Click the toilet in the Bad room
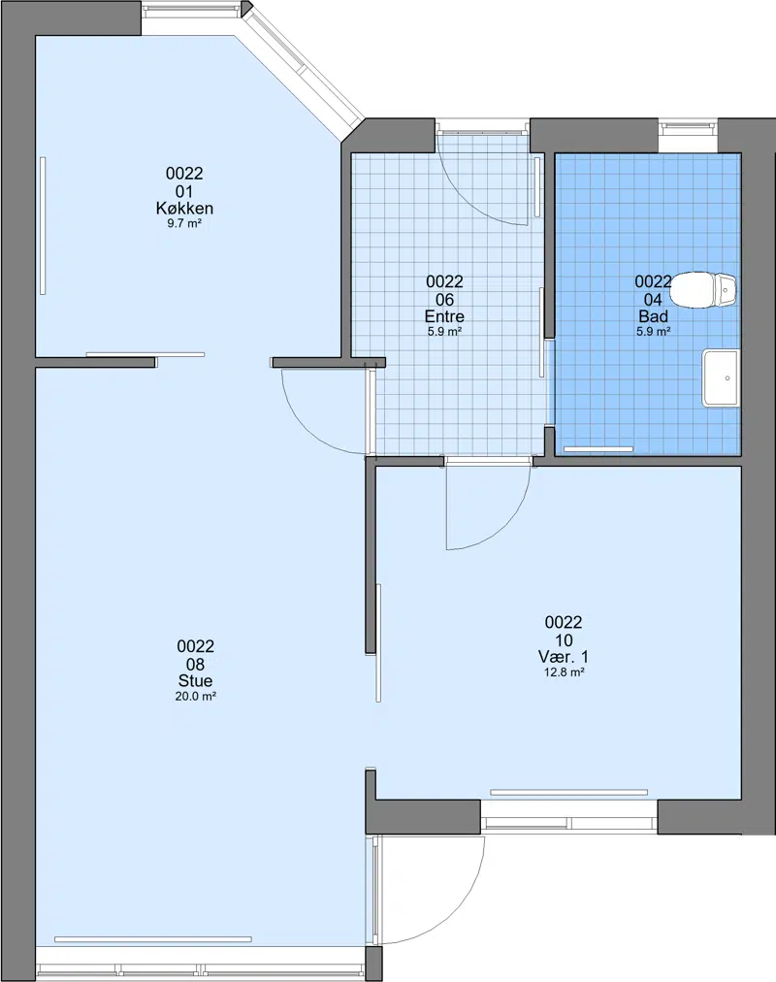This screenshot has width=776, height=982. pos(704,290)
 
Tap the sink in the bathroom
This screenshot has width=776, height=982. pos(721,377)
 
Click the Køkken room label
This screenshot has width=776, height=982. pos(184,208)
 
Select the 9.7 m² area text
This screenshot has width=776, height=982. pos(184,223)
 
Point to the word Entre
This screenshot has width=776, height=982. pos(444,315)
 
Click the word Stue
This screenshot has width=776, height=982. pos(196,681)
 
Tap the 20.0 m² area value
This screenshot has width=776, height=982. pos(196,696)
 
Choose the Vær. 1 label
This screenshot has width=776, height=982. pos(564,657)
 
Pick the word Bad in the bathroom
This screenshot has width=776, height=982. pos(654,315)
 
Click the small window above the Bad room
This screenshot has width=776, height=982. pos(689,127)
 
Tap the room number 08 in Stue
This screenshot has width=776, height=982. pos(196,663)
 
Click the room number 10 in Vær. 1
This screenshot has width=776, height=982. pos(564,640)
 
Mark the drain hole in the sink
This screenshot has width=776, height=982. pos(727,378)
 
